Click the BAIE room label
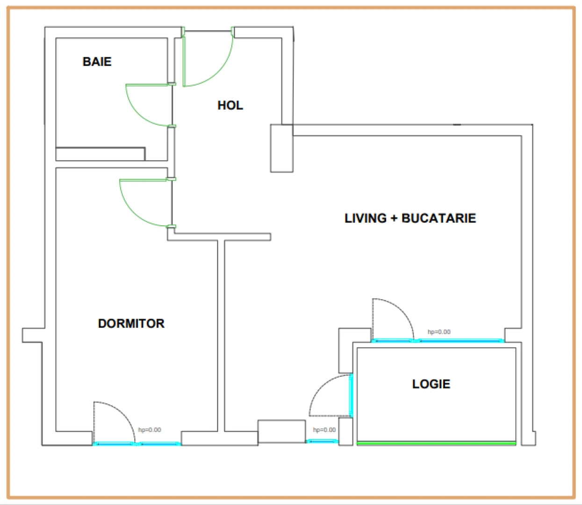pos(97,62)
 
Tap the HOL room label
pos(230,106)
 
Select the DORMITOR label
pos(131,324)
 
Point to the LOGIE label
pos(431,384)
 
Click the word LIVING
pos(366,218)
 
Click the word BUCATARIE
pos(438,218)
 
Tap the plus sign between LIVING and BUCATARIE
pos(394,218)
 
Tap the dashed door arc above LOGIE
pos(402,310)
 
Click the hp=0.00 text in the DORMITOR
pos(150,430)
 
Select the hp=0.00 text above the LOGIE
pos(439,332)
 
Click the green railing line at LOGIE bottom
pos(436,443)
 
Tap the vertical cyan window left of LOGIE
pos(351,396)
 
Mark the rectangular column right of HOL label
pos(281,148)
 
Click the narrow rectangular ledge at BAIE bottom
pos(101,154)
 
